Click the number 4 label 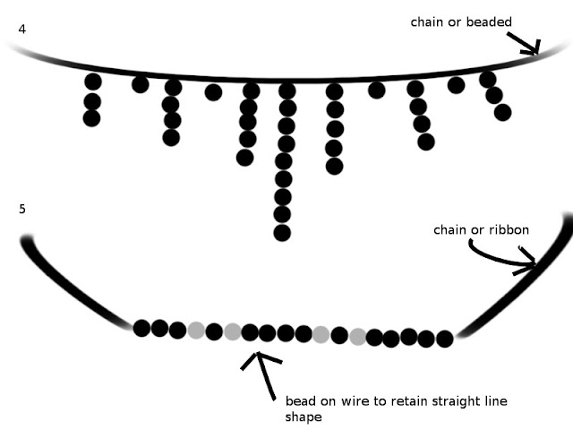coord(21,30)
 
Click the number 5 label coord(21,209)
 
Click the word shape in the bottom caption coord(303,417)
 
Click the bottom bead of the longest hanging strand coord(282,233)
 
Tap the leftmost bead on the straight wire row coord(141,328)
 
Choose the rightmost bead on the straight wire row coord(444,339)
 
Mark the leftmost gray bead coord(196,330)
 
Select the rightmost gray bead coord(357,337)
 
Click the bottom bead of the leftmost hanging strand coord(92,118)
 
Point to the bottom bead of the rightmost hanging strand coord(502,112)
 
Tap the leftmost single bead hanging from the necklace coord(141,84)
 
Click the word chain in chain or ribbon coord(451,230)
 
